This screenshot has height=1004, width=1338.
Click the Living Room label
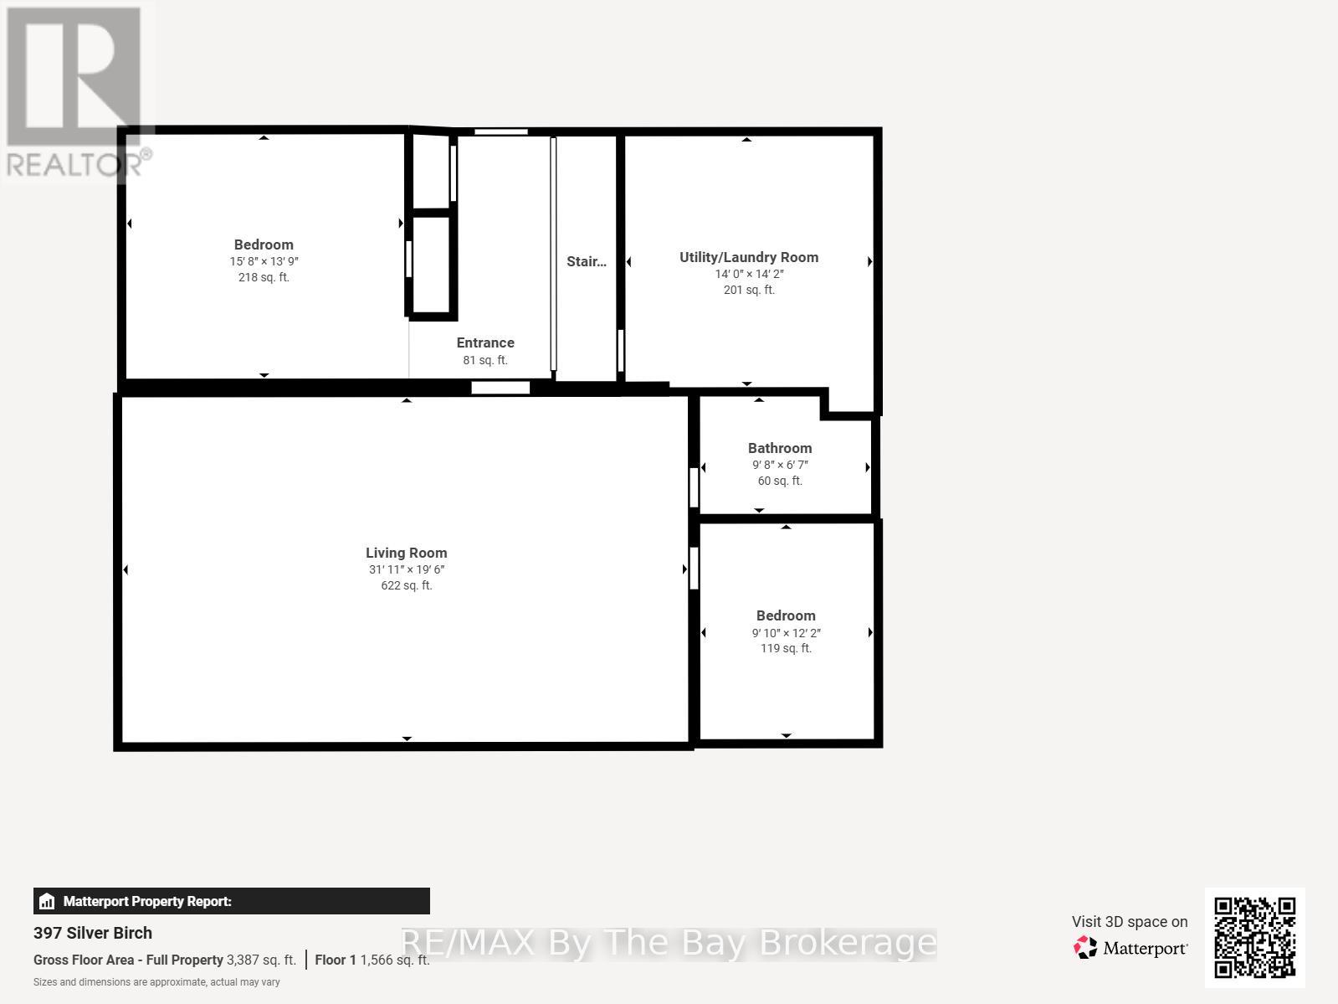(x=406, y=553)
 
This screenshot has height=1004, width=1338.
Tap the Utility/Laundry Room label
(x=748, y=257)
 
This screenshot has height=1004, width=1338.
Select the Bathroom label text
(x=779, y=448)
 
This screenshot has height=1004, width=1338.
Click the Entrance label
(x=485, y=342)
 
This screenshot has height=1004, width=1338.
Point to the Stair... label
(x=586, y=261)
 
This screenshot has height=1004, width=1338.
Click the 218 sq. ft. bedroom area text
(x=264, y=277)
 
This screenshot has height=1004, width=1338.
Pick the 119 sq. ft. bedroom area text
(x=785, y=648)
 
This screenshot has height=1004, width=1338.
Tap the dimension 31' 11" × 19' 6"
(x=406, y=569)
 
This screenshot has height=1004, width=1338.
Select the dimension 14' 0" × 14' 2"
(x=748, y=274)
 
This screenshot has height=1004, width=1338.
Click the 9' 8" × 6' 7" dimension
(x=779, y=465)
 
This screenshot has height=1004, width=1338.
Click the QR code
(x=1254, y=937)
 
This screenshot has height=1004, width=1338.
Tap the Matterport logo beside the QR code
(x=1130, y=948)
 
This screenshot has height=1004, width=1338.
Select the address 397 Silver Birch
(x=93, y=933)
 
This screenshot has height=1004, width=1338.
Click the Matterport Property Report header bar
(x=231, y=901)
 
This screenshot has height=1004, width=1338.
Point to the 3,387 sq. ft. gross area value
(x=261, y=960)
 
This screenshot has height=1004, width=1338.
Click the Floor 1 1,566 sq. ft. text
(x=372, y=960)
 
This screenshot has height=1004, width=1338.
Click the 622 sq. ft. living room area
(x=406, y=585)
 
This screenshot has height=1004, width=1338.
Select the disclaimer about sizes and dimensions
(x=156, y=982)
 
